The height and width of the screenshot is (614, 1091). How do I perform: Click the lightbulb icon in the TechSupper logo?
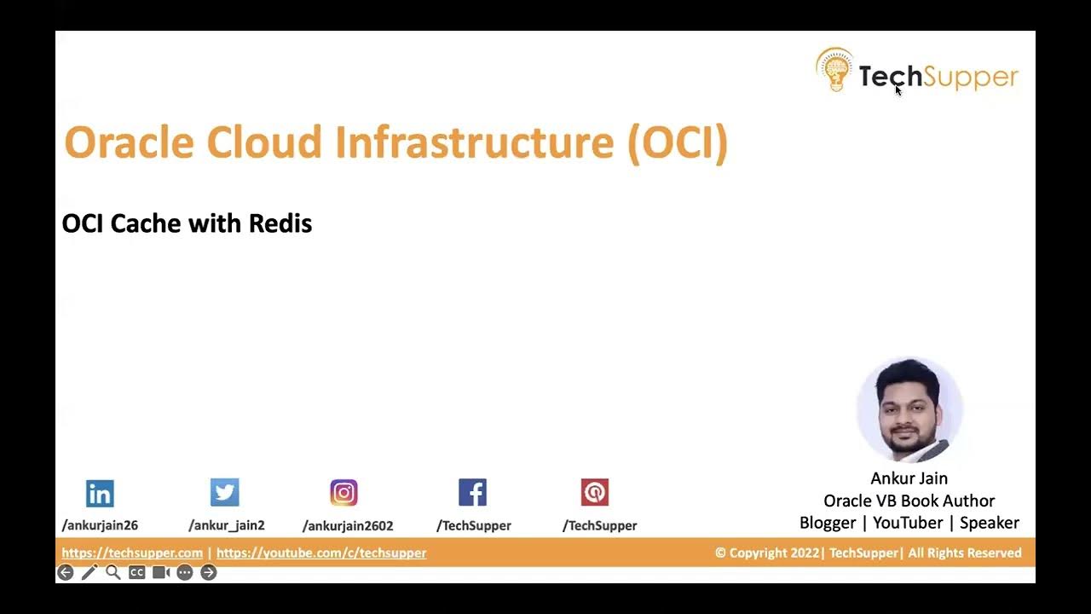834,71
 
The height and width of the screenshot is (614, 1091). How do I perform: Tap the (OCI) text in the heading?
678,142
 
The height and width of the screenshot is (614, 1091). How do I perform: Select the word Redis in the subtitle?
280,223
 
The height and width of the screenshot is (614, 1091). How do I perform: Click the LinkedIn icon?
100,493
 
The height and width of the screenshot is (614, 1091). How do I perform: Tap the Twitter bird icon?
225,492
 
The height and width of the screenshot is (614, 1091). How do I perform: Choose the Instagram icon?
343,492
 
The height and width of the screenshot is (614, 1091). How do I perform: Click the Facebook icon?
472,492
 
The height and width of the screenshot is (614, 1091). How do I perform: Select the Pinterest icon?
595,492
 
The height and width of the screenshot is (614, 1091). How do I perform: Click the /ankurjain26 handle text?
100,525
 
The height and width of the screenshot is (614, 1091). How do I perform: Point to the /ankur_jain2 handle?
227,525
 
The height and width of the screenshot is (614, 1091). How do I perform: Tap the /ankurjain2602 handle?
348,525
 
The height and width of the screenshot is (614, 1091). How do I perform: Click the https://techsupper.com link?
132,553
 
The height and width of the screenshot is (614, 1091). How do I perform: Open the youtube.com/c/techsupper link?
321,553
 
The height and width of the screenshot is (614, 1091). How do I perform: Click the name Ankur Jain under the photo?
909,478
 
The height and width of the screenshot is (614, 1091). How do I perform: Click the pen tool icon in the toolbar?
89,572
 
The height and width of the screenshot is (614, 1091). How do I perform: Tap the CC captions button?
136,572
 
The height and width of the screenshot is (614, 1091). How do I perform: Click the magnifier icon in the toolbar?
113,572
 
